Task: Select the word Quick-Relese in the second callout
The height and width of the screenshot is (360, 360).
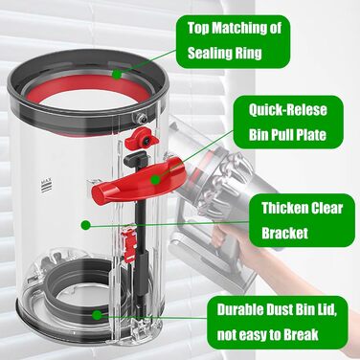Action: (288, 110)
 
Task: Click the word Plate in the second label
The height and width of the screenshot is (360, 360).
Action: (311, 135)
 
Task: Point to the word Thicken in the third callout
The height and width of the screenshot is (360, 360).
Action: (280, 209)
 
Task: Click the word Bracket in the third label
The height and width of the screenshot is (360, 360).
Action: (285, 233)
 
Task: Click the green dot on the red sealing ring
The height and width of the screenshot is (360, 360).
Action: (117, 75)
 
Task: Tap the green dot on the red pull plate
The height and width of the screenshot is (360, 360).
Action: (155, 180)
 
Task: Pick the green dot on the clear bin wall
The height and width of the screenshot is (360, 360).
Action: (85, 225)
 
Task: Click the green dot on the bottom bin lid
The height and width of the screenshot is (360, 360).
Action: (97, 315)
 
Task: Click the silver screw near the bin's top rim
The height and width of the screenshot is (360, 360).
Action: (141, 117)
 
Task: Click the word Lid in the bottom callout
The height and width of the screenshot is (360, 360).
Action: (325, 309)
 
